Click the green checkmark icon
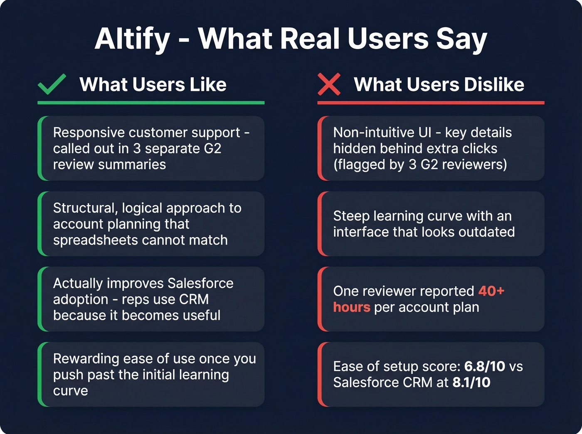click(x=52, y=84)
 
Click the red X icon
click(x=329, y=84)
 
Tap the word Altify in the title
click(x=132, y=39)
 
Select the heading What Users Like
click(x=153, y=84)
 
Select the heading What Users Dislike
click(x=439, y=84)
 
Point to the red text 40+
click(x=491, y=291)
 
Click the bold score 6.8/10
click(x=484, y=366)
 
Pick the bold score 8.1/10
click(x=471, y=383)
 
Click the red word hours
click(x=351, y=307)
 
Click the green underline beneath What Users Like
click(x=151, y=103)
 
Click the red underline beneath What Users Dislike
click(x=431, y=103)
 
